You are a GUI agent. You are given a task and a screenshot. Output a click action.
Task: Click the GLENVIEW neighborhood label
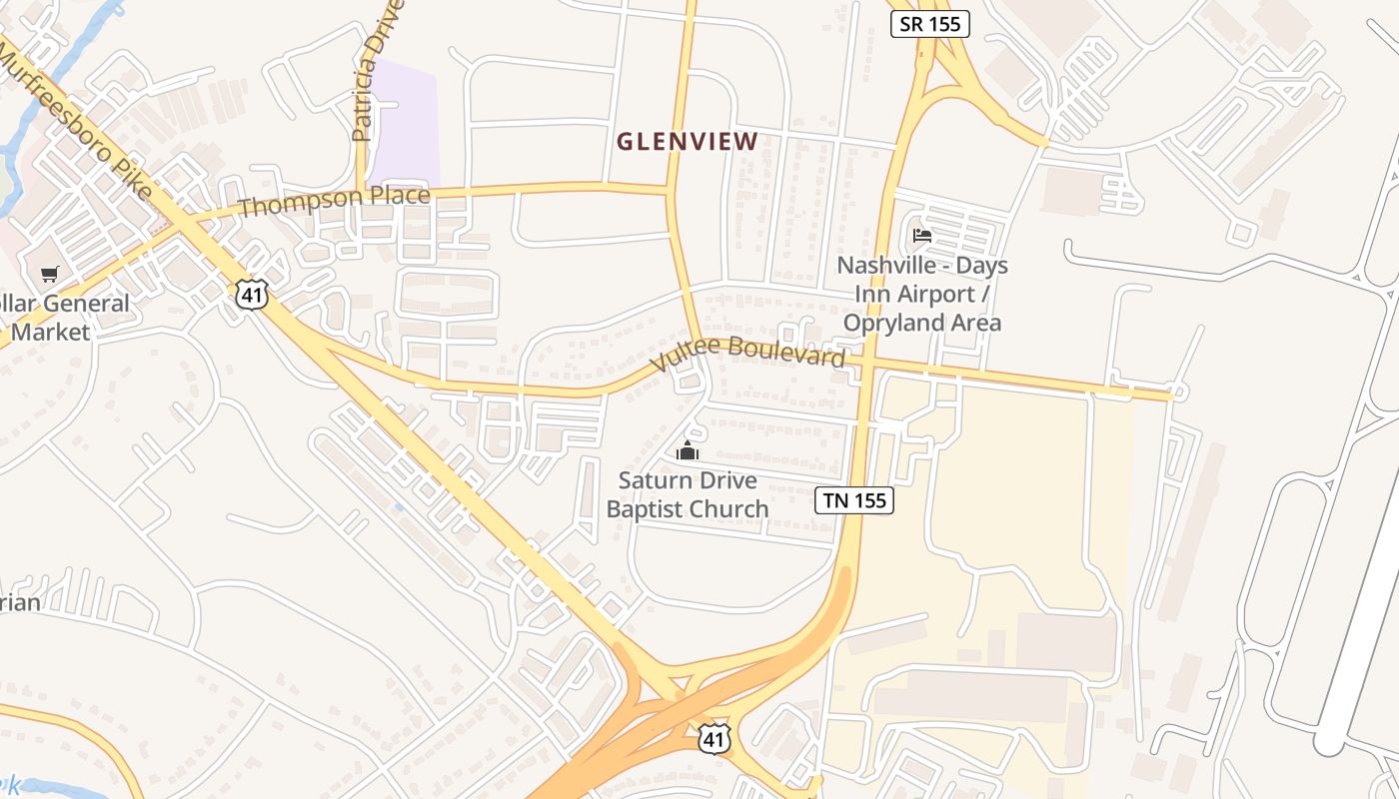(x=687, y=142)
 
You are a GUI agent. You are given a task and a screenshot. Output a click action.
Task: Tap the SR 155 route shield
(x=930, y=24)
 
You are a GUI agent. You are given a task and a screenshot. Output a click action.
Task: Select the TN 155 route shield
(x=853, y=500)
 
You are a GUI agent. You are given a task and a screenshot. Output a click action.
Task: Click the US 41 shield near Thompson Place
(x=253, y=293)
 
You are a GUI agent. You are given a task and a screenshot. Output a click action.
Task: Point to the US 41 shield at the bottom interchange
(x=713, y=738)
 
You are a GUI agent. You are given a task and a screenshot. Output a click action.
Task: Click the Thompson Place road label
(x=335, y=200)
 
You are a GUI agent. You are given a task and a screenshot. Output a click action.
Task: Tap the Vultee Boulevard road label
(x=747, y=353)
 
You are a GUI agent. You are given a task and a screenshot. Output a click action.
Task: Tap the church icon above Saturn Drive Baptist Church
(x=688, y=451)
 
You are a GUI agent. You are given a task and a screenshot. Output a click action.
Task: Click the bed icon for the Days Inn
(x=922, y=236)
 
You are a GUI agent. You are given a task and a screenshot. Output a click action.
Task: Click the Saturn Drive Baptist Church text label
(x=688, y=494)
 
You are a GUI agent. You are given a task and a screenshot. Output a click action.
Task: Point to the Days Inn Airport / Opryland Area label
(x=922, y=294)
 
